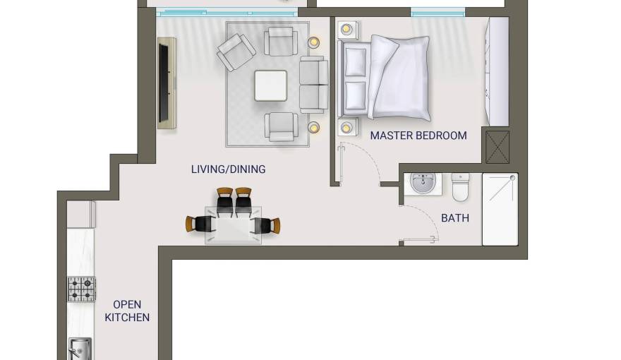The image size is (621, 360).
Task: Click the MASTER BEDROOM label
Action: click(x=418, y=136)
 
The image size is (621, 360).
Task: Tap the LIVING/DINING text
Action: click(x=228, y=169)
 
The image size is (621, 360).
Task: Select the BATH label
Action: click(x=455, y=218)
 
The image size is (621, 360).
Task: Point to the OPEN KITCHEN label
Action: click(x=127, y=311)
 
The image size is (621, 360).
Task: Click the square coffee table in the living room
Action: click(x=270, y=85)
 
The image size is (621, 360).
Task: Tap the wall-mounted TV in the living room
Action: click(x=164, y=83)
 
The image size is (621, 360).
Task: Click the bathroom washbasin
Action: click(x=423, y=184)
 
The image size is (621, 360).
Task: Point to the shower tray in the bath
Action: click(x=500, y=209)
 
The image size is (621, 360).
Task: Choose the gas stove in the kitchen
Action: click(x=81, y=289)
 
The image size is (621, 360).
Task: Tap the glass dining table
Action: click(x=233, y=225)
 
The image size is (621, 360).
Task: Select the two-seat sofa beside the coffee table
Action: click(x=313, y=85)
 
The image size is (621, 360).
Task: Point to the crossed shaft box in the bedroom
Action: click(x=497, y=147)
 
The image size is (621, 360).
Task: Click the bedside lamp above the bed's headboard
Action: click(x=346, y=29)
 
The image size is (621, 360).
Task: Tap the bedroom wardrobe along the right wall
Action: click(x=498, y=72)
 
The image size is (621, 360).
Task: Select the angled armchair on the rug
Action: click(x=236, y=52)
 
